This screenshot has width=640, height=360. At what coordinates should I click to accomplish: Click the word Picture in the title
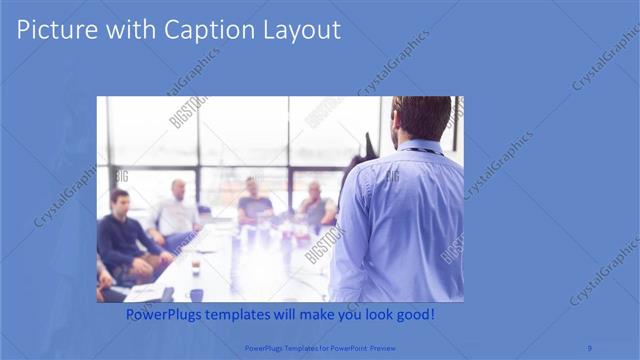(x=53, y=30)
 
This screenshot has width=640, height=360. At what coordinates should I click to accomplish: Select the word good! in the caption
(x=412, y=315)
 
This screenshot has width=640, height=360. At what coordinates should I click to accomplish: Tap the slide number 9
(x=590, y=348)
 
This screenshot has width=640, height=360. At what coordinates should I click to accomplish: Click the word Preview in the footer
(x=380, y=348)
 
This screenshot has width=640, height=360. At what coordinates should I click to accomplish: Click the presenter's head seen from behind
(x=421, y=117)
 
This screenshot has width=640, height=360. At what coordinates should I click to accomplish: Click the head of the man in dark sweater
(x=120, y=200)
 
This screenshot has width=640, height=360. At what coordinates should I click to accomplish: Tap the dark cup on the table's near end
(x=196, y=294)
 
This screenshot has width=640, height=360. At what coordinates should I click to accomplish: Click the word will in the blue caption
(x=299, y=315)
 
